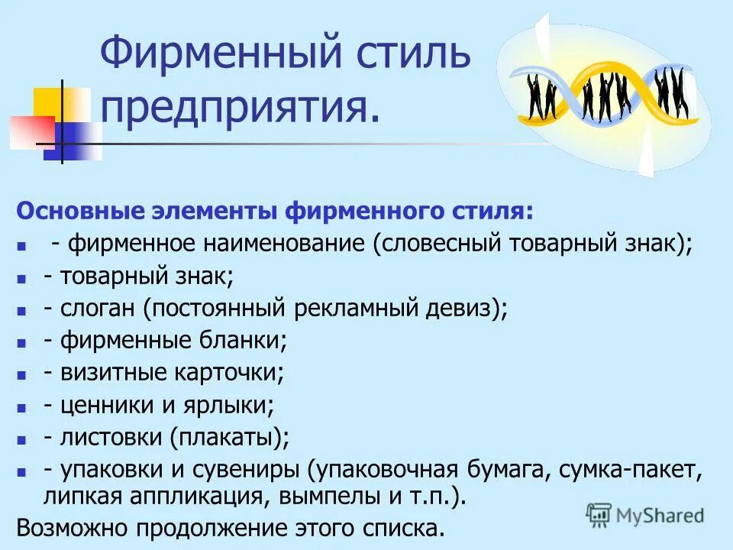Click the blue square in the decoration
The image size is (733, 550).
(x=70, y=141)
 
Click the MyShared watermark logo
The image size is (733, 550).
(x=644, y=513)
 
